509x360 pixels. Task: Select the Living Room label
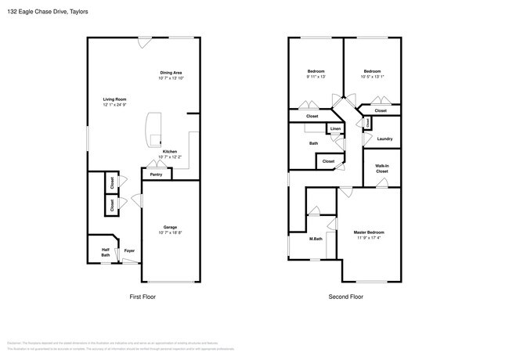point(114,99)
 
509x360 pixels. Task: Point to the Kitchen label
point(170,152)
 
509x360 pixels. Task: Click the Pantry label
point(156,175)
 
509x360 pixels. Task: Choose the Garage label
point(170,227)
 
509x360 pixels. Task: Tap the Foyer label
point(129,251)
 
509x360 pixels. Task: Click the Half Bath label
point(105,253)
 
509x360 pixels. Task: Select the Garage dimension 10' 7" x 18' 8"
point(170,232)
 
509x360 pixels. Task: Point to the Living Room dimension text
point(114,105)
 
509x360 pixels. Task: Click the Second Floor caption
point(345,297)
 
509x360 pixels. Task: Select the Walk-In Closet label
point(381,168)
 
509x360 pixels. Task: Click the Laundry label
point(384,139)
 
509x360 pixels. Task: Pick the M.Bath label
point(316,239)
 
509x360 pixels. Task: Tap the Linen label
point(334,128)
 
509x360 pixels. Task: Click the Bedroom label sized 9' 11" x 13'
point(315,71)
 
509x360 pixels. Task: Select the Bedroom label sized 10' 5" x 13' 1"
point(371,71)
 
